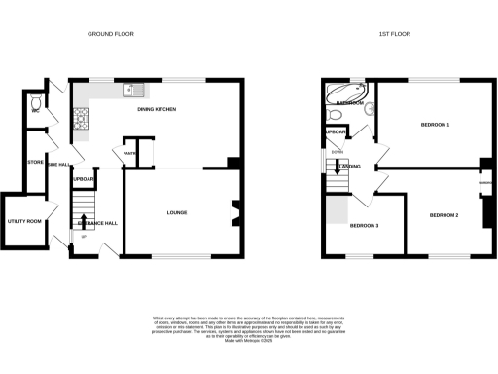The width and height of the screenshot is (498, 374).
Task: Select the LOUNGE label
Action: tap(176, 212)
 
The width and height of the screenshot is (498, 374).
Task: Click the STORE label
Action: tap(33, 163)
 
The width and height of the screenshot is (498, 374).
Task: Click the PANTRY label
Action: tap(129, 152)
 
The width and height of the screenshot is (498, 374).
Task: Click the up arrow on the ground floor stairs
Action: tap(84, 220)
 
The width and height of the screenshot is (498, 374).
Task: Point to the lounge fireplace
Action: tap(233, 211)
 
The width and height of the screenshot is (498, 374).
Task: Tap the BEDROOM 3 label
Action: tap(364, 226)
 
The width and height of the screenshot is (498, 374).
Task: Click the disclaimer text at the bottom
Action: tap(249, 328)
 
